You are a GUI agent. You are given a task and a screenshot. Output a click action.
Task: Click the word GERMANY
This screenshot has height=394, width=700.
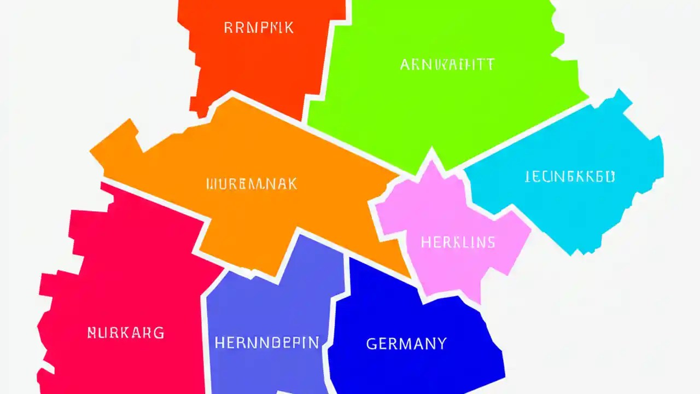406,344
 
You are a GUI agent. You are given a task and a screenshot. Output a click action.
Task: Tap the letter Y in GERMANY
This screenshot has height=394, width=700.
441,344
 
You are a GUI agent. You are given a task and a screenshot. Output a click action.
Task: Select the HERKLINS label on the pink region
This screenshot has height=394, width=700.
458,242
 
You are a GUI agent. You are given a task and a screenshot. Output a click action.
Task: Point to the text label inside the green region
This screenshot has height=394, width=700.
447,65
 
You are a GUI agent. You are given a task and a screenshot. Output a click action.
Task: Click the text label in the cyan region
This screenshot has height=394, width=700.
569,176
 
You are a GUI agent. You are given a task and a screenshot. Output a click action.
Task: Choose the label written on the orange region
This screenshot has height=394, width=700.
252,184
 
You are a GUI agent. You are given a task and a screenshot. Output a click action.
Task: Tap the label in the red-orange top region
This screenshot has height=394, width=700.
259,27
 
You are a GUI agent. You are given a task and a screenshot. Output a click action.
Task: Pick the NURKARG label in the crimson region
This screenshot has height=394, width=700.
126,332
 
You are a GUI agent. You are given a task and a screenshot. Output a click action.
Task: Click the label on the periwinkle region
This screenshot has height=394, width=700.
266,343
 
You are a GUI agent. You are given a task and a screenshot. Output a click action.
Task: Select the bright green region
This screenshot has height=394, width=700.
437,109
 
